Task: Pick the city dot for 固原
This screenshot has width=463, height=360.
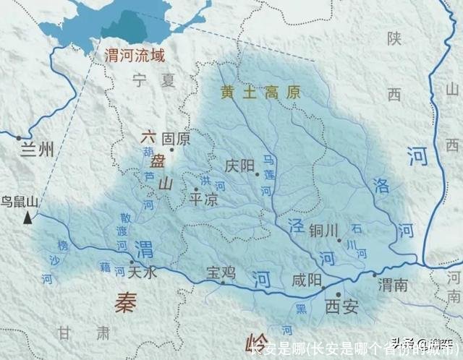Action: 171,149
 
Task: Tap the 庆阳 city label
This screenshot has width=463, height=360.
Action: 239,166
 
